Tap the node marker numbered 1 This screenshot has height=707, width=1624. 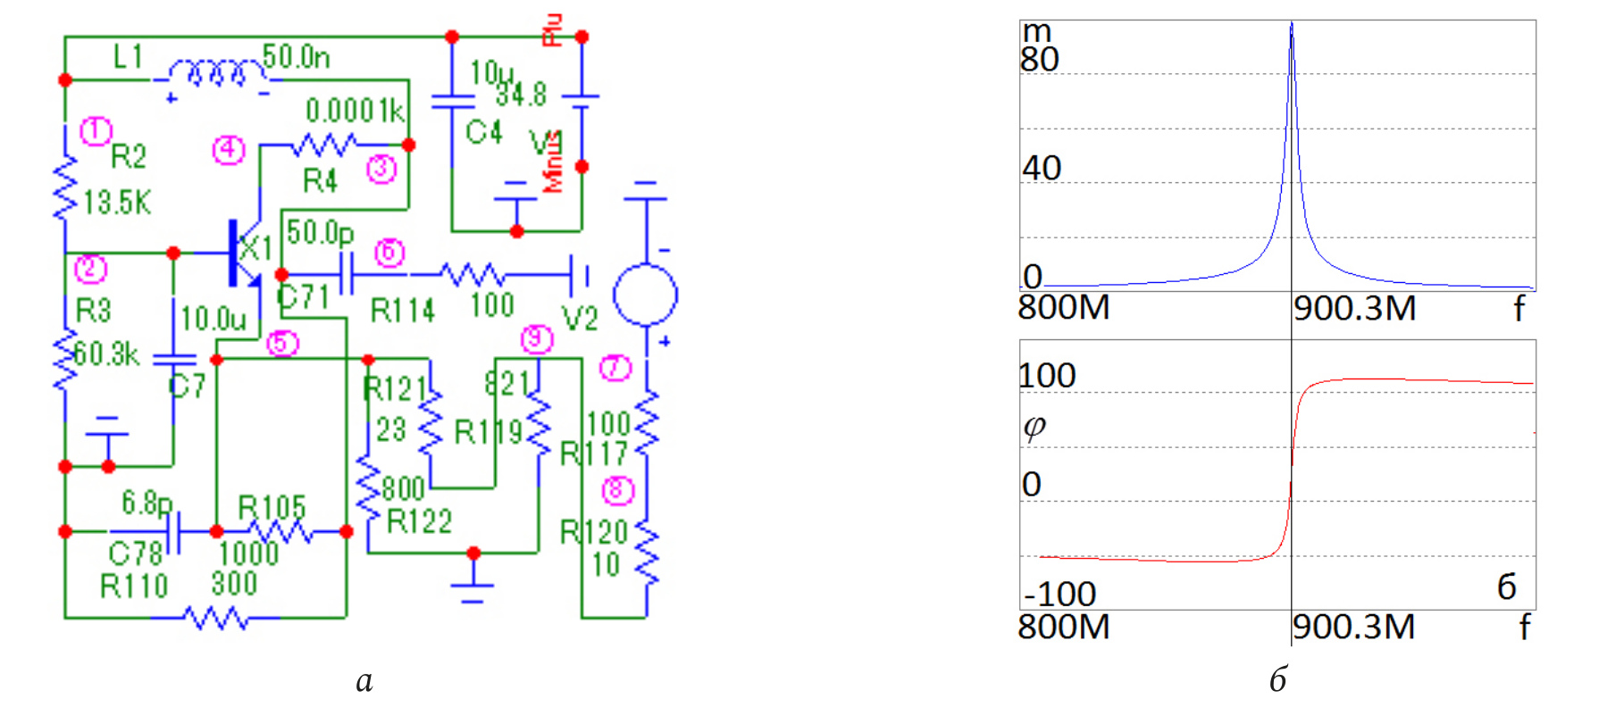tap(96, 131)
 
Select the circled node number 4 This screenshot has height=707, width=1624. tap(229, 149)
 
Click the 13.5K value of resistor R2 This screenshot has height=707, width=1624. tap(117, 203)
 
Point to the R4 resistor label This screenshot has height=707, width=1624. tap(320, 181)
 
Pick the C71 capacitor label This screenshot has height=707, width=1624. tap(304, 296)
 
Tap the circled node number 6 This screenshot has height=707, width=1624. tap(389, 253)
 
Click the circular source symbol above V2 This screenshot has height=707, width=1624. tap(645, 295)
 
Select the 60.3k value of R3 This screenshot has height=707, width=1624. tap(106, 354)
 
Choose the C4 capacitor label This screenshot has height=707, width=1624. tap(484, 133)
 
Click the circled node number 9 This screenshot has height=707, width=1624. tap(537, 338)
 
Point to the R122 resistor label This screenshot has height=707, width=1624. tap(419, 521)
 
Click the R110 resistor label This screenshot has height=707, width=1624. tap(134, 586)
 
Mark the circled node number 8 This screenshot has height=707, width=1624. tap(617, 490)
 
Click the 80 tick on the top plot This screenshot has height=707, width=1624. tap(1040, 60)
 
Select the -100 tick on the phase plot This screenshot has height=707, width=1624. tap(1059, 594)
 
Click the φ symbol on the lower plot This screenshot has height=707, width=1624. tap(1034, 427)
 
